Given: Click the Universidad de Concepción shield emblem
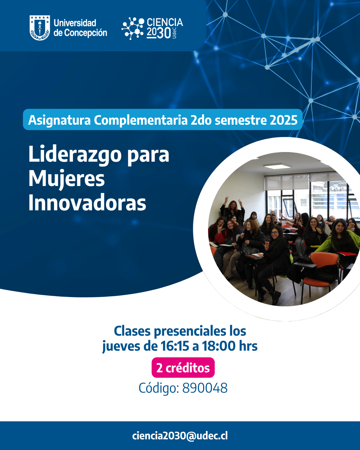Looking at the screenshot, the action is coord(40,28).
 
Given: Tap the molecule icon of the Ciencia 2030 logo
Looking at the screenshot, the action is coord(133,28).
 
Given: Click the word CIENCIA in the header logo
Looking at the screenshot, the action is coord(165,22).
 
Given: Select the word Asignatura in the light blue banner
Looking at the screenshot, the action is coord(59,120).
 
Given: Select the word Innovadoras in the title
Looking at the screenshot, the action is coord(87,203).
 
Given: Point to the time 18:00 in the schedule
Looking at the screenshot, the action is coord(219,346).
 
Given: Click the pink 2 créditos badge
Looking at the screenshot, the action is coord(183,368).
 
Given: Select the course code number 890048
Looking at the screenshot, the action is coord(205,388).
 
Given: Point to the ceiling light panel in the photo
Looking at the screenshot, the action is coord(277,166).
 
